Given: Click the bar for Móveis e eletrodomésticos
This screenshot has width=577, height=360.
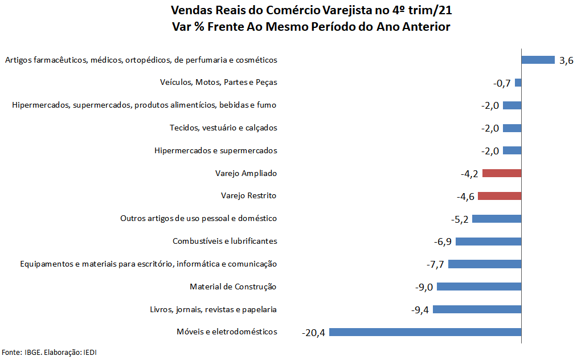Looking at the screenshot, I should (425, 332).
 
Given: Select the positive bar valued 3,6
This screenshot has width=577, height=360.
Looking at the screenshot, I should (538, 60).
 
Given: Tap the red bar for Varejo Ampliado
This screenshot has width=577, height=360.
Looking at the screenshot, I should (502, 173).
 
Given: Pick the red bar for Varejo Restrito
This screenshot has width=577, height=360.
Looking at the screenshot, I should (500, 196).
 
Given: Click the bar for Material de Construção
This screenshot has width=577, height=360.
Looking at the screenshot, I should (478, 287).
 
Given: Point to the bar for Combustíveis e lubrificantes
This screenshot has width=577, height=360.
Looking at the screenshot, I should (488, 241).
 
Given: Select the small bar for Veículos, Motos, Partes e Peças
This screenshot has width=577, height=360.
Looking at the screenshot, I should (518, 83).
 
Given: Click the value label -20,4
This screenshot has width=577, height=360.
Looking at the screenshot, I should (313, 333).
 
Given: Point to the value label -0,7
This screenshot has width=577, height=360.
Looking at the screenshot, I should (501, 83).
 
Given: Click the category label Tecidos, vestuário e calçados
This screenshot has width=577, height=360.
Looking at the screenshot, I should (223, 128).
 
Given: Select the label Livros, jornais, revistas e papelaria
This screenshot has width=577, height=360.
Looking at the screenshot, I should (213, 309).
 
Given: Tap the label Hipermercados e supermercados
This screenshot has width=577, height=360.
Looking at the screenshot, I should (215, 150).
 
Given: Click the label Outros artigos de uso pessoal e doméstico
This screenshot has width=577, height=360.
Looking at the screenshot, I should (198, 218).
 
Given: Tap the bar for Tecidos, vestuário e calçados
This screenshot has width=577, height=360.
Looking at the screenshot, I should (512, 128).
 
